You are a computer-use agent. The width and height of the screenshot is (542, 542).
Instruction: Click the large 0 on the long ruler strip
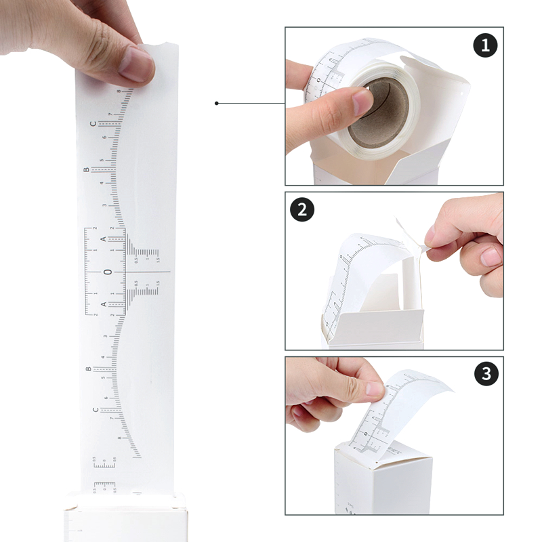[x=106, y=272]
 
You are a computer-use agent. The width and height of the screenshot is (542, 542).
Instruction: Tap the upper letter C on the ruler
[x=94, y=125]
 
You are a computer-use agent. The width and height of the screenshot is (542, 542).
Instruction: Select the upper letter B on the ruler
[x=87, y=170]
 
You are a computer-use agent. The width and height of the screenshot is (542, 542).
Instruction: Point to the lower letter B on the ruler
[x=88, y=369]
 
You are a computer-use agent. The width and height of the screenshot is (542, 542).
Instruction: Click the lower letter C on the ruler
[x=95, y=411]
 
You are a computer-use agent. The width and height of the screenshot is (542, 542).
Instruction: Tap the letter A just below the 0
[x=104, y=305]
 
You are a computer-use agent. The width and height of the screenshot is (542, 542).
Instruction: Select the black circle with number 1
[x=485, y=46]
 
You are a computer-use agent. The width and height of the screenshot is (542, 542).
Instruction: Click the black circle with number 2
[x=303, y=209]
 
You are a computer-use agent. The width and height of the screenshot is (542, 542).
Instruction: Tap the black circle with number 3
[x=486, y=373]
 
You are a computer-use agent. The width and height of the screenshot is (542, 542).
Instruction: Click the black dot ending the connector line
[x=216, y=103]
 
